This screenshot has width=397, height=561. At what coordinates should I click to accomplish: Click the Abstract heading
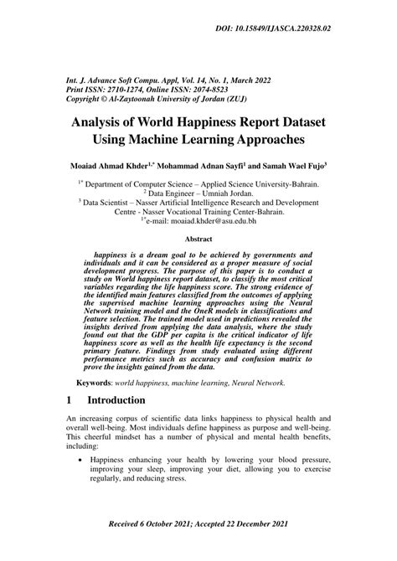198,239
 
